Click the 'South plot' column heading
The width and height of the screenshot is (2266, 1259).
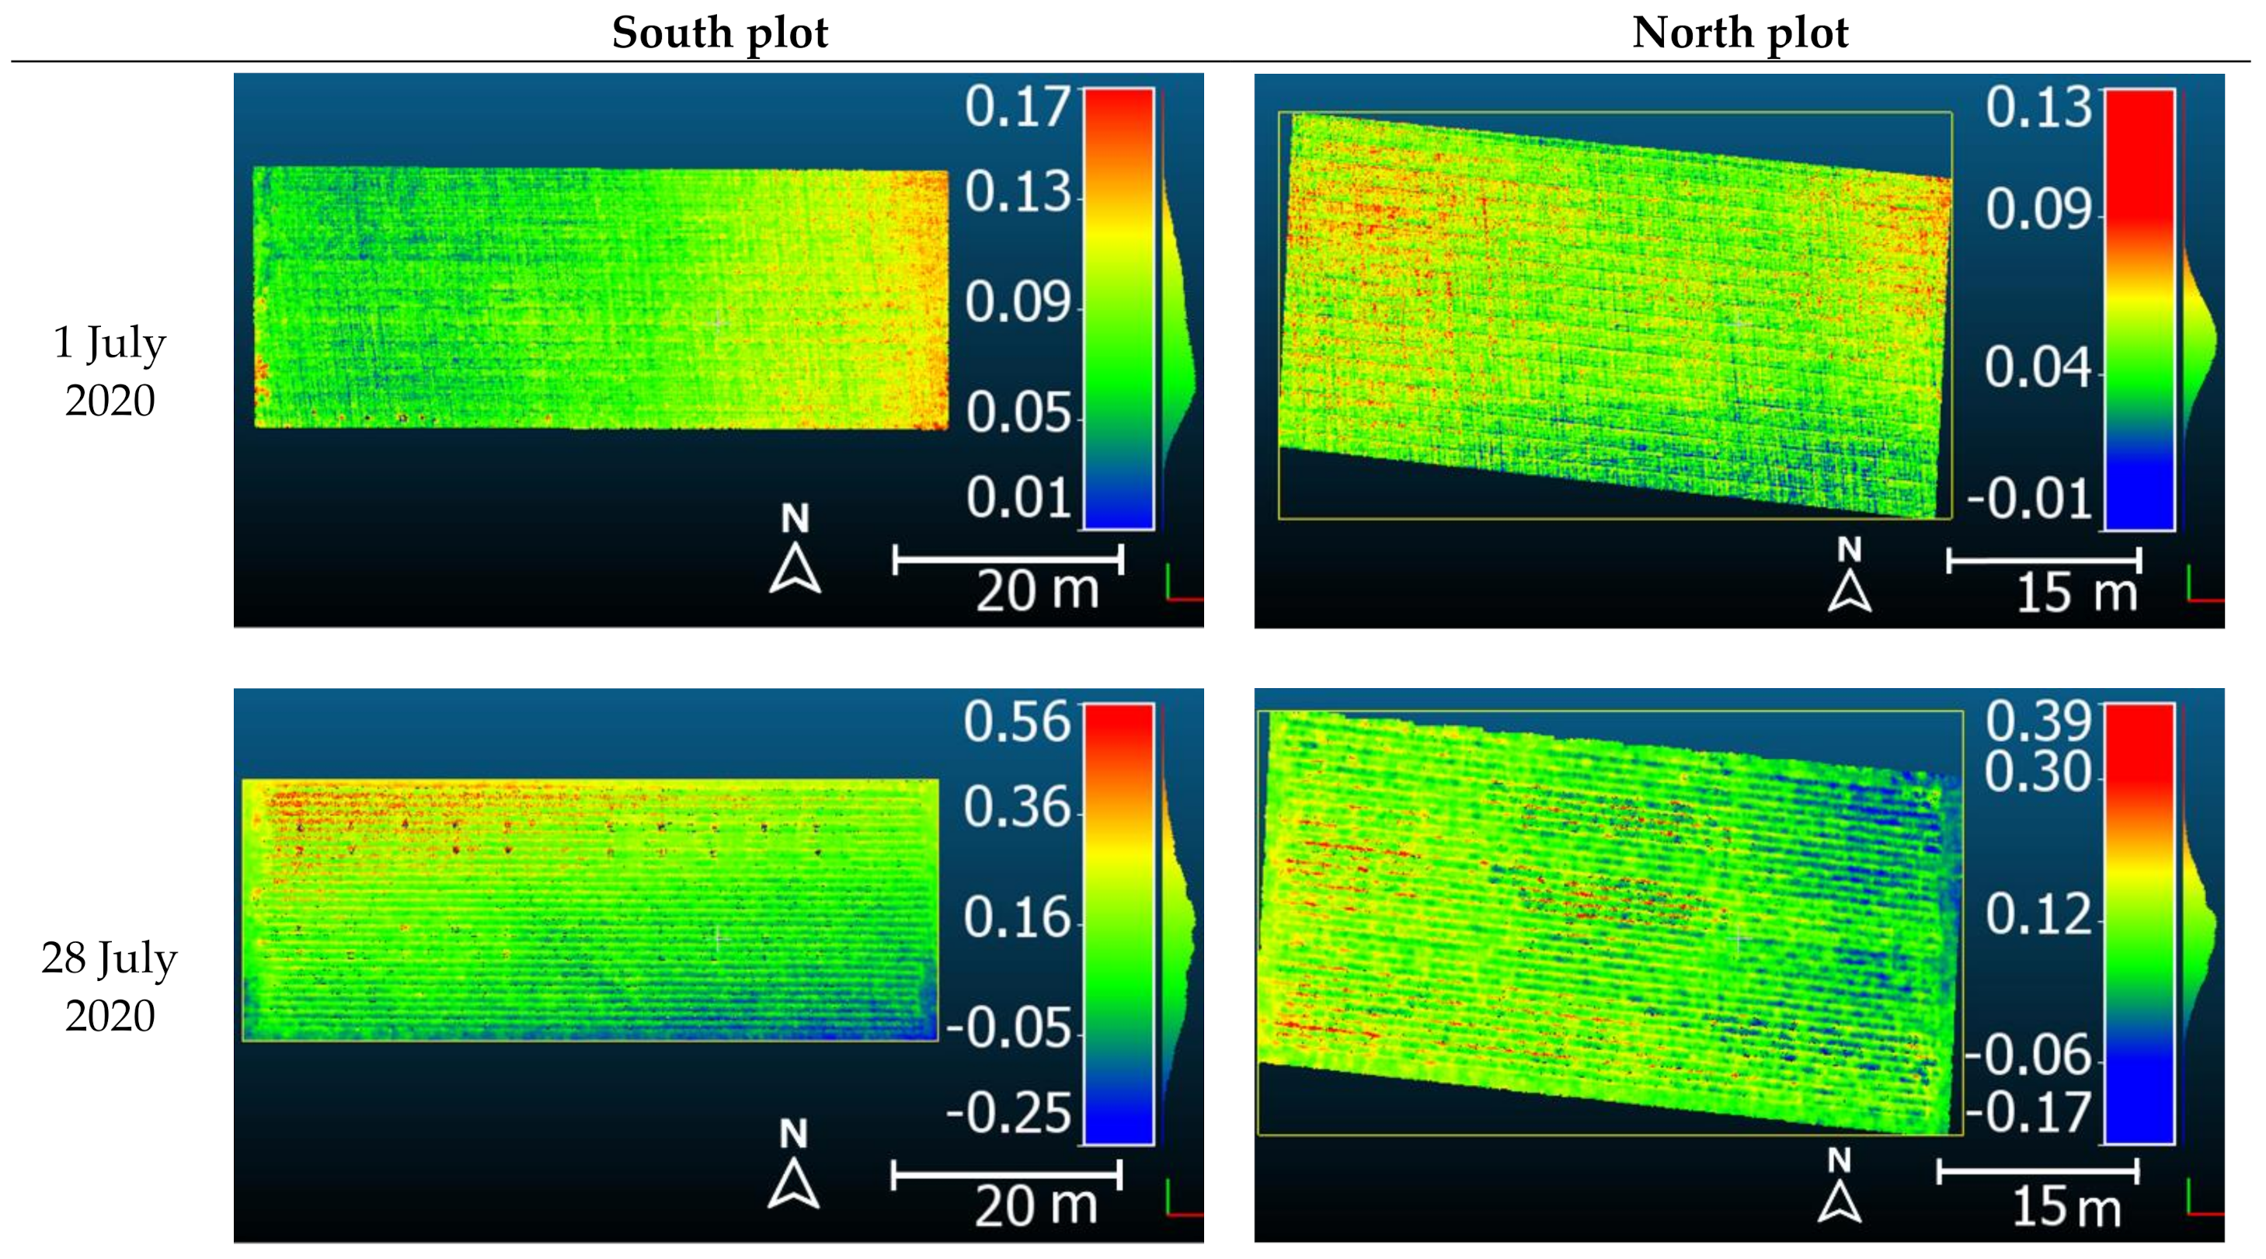[719, 33]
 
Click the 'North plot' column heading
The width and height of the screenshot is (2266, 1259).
[1739, 33]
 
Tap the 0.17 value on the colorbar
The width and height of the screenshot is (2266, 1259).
[1017, 107]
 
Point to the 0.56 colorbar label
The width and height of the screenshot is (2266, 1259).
[1017, 722]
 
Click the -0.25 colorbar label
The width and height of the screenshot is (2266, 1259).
[1008, 1113]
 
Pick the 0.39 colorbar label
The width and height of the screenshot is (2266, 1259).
[2038, 720]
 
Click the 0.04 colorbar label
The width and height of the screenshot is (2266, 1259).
[2038, 367]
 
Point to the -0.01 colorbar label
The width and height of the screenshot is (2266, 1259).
[2028, 499]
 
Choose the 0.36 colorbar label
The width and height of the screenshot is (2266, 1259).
[1017, 807]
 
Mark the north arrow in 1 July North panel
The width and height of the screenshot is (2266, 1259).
[1849, 576]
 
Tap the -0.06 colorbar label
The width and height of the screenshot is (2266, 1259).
[2028, 1054]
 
